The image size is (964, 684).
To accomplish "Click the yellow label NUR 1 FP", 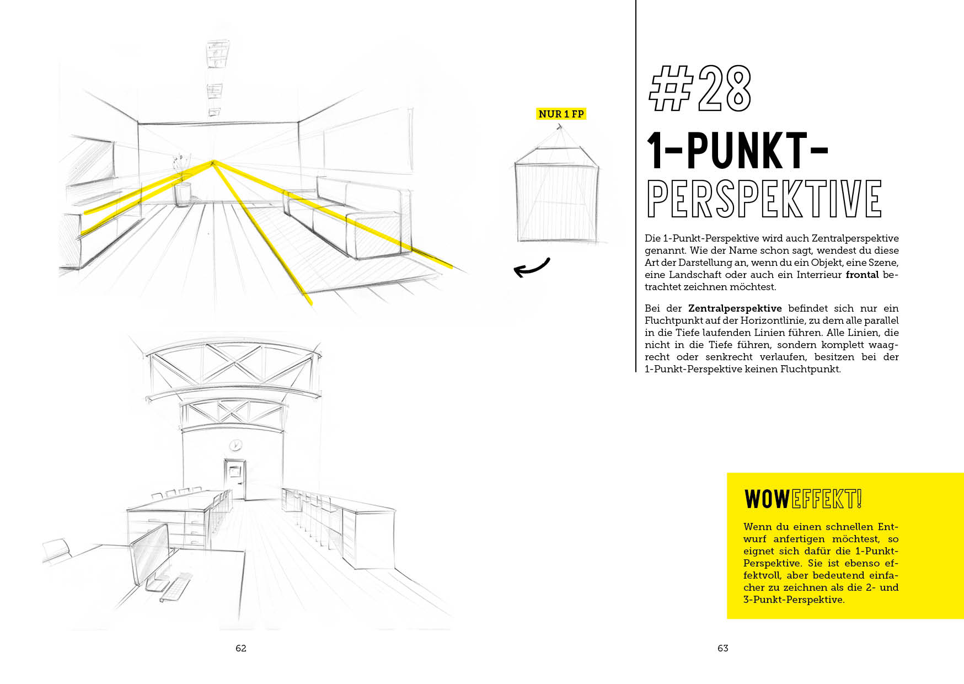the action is pos(561,114).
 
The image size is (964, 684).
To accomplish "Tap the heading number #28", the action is pos(700,88).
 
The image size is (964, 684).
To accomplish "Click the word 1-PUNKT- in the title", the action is pos(737,150).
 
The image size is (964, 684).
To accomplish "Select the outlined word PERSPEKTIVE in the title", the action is pos(764,198).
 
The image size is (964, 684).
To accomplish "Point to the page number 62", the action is pos(241,648).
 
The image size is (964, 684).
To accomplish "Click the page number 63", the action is pos(723,648).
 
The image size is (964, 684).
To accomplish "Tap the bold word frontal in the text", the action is pos(862,275).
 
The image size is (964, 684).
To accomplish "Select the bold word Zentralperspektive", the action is pos(735,309).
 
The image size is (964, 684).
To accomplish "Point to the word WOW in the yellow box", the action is pos(767,499).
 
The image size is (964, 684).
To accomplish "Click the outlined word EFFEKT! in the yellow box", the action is pos(826,499).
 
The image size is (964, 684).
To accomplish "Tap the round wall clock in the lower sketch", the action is pos(235,445).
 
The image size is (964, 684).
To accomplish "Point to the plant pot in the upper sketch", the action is pos(183,194).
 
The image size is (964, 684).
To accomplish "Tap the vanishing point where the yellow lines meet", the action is pos(213,162).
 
